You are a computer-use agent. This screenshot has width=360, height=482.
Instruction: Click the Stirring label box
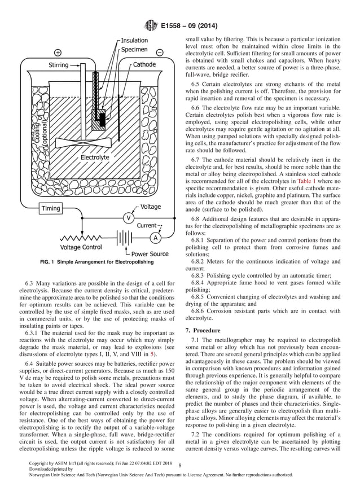click(59, 65)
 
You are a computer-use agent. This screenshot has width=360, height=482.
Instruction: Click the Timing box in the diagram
click(51, 208)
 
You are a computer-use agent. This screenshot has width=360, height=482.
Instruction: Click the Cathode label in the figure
click(144, 65)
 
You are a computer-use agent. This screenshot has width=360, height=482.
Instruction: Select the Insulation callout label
click(134, 40)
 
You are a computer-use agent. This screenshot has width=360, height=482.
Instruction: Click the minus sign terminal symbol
click(160, 52)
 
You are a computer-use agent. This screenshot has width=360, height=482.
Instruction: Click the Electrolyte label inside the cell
click(95, 157)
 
